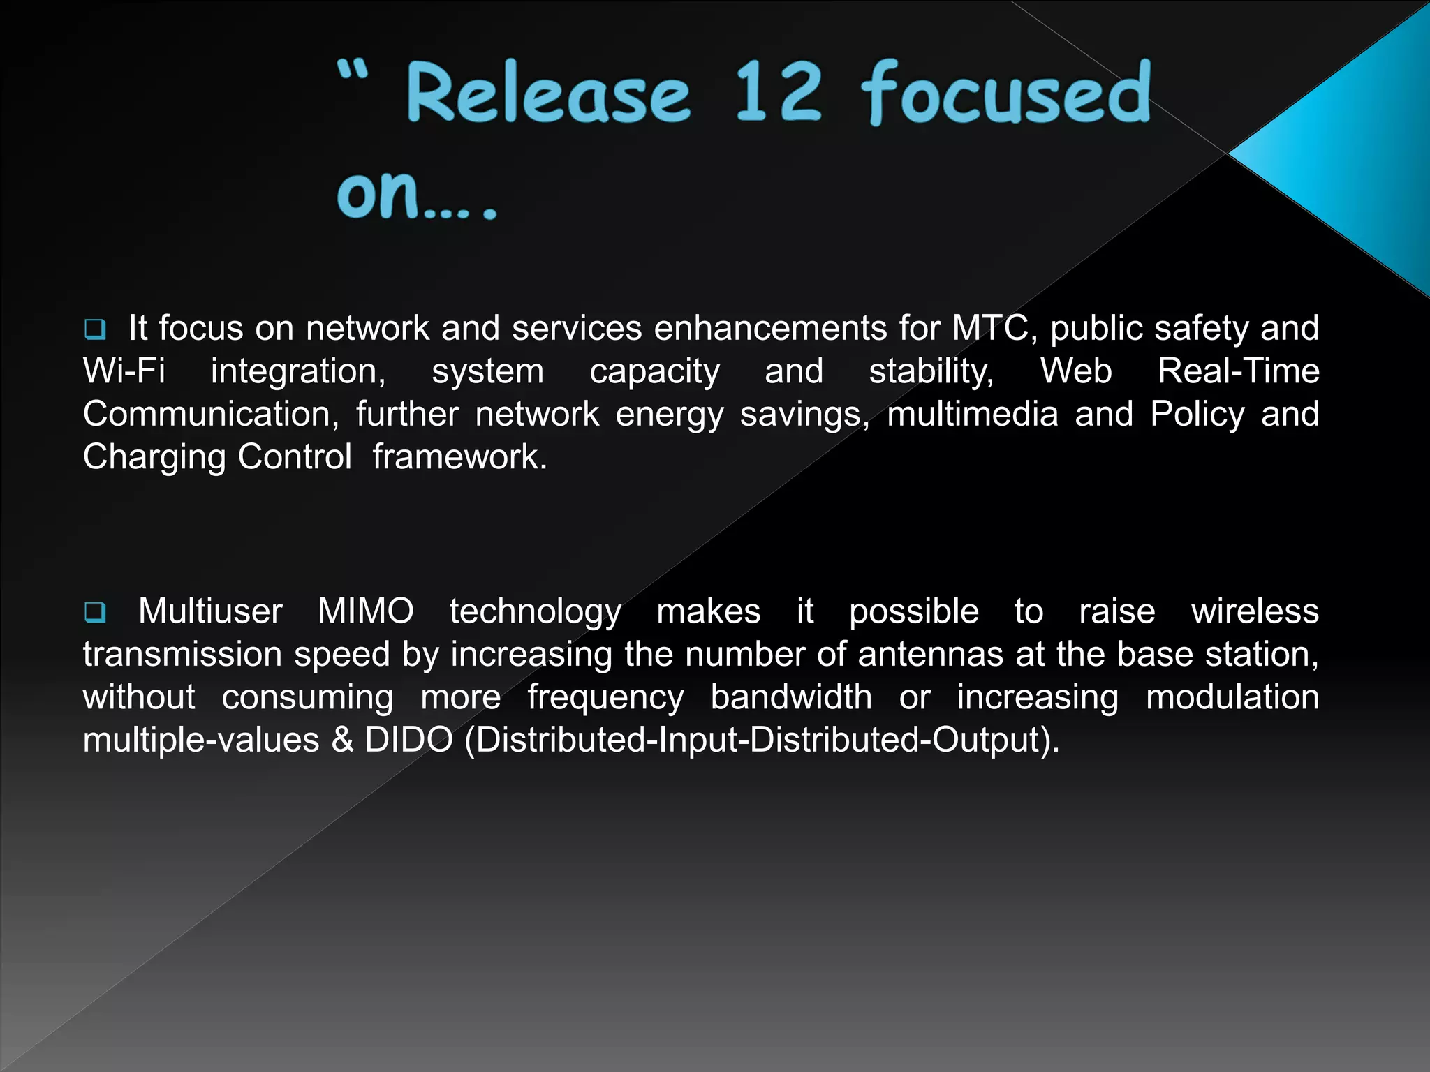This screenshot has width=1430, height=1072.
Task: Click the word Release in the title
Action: [x=548, y=94]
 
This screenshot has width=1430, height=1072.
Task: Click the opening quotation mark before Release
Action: [x=351, y=70]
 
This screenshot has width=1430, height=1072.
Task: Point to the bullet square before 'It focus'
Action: [x=94, y=329]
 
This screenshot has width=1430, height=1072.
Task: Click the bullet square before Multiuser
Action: [x=94, y=613]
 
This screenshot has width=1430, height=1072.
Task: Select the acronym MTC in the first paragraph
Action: [x=990, y=328]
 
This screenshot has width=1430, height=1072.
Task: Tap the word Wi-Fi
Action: [x=124, y=371]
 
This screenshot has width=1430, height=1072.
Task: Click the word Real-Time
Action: [x=1238, y=371]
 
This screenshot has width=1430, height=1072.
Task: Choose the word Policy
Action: [x=1197, y=414]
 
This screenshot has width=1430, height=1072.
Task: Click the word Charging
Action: [x=154, y=457]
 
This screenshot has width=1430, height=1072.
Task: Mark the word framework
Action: [x=459, y=457]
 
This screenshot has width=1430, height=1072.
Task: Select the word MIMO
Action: [x=365, y=611]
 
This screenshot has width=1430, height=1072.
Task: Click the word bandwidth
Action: [x=791, y=697]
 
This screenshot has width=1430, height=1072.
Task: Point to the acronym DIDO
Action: [x=408, y=740]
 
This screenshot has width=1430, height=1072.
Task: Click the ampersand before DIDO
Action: [x=342, y=740]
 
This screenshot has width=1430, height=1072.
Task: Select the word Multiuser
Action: [x=210, y=611]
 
